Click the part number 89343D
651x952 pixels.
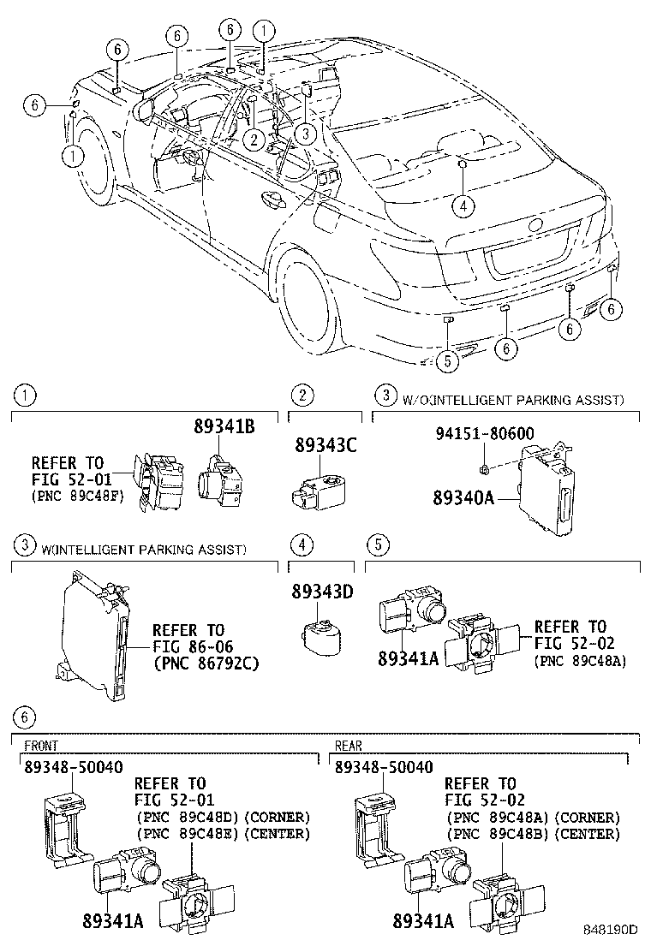324,591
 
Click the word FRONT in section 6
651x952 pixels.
40,747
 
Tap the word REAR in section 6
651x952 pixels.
349,747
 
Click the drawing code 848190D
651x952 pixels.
611,929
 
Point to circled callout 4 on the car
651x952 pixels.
462,205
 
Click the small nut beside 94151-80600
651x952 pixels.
484,468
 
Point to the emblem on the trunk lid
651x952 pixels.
535,225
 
